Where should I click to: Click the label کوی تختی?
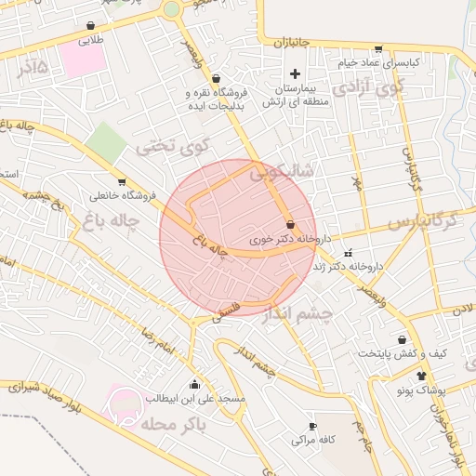click(x=174, y=145)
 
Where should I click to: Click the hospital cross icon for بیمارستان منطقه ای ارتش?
click(x=296, y=73)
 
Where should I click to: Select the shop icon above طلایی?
click(x=90, y=26)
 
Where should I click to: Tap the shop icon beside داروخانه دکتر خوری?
click(x=291, y=224)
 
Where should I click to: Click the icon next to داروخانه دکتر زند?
click(x=348, y=253)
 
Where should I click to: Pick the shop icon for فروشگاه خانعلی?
click(x=122, y=182)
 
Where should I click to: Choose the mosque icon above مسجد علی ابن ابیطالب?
click(x=194, y=385)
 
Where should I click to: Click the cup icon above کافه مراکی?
click(x=312, y=426)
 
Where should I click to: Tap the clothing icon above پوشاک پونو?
click(x=422, y=377)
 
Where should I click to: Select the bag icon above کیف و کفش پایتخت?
click(x=402, y=340)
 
